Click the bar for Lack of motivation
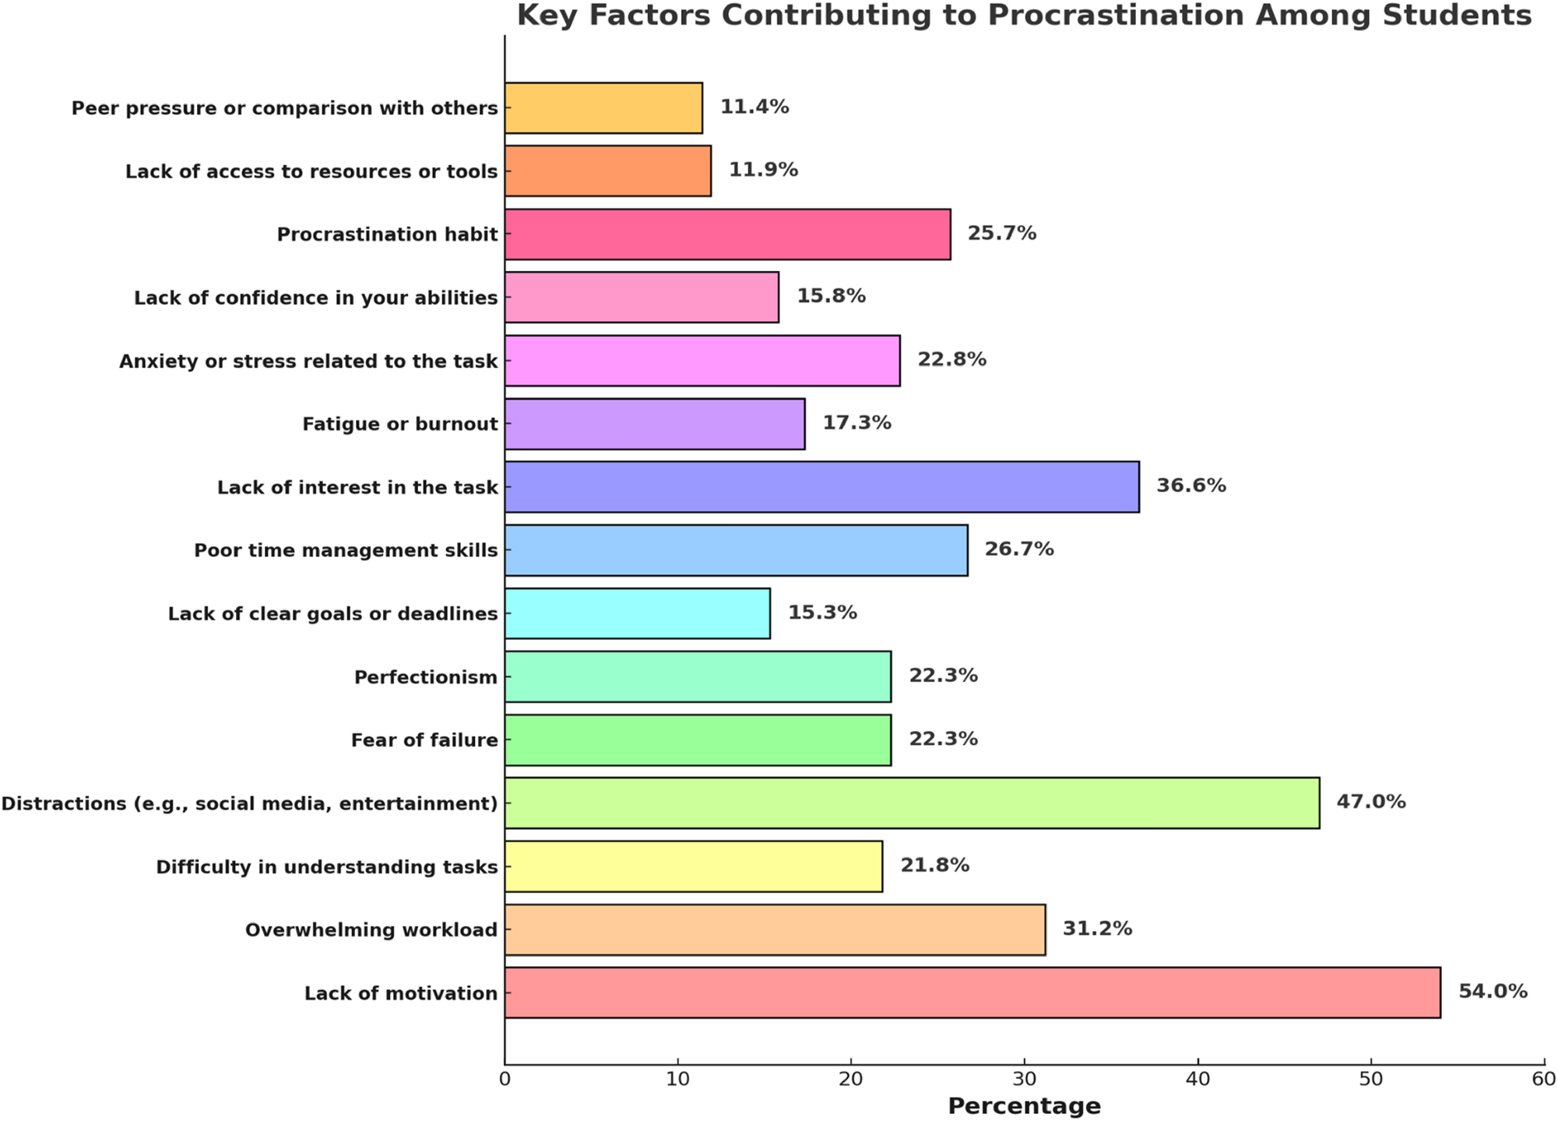[972, 993]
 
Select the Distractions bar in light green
[911, 803]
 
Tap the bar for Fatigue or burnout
[654, 423]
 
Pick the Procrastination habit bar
[726, 234]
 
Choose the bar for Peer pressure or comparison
[603, 107]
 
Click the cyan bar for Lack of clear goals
[637, 613]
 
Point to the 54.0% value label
[1492, 991]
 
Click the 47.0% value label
[1370, 801]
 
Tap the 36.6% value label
[1190, 485]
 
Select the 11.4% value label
[754, 107]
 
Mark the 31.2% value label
[1096, 928]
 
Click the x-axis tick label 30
[1024, 1079]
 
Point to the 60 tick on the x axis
[1543, 1079]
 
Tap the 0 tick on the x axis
[505, 1079]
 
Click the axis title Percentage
[1024, 1105]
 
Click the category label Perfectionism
[425, 677]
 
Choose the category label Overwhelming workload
[371, 929]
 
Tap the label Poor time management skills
[346, 550]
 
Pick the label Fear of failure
[424, 740]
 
